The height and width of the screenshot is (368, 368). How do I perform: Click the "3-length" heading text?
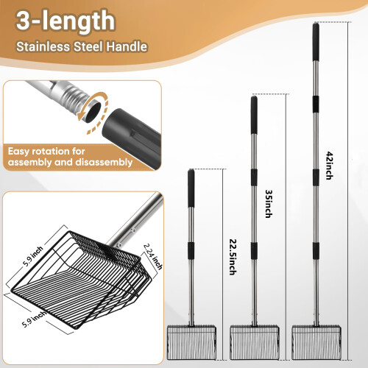coord(66,21)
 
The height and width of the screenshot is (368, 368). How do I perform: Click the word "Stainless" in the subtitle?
coord(43,46)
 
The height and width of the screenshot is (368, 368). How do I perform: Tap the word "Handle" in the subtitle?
coord(127,46)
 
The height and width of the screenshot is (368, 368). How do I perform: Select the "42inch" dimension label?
coord(330,166)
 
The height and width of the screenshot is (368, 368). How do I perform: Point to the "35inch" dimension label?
coord(269,204)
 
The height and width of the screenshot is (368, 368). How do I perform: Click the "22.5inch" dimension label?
coord(233,257)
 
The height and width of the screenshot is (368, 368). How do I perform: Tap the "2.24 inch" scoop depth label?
coord(153,256)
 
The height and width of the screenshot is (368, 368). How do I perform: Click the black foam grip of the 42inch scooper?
coord(316,42)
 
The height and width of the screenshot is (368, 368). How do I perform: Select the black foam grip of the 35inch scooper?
coord(254,115)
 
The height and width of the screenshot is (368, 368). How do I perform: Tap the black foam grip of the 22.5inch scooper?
coord(191,188)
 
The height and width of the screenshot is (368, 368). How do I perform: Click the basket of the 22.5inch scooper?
coord(191,342)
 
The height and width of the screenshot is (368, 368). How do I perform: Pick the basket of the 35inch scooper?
coord(255,342)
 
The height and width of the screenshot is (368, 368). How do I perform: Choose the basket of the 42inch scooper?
coord(316,342)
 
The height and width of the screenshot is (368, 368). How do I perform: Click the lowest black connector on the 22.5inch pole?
coord(191,250)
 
